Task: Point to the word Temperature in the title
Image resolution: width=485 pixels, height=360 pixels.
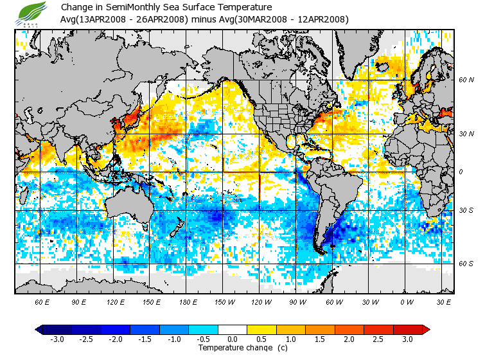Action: click(x=238, y=8)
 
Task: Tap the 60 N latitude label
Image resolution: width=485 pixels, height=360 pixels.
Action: click(x=466, y=80)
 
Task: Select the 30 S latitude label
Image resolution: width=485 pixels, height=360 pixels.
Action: click(x=466, y=211)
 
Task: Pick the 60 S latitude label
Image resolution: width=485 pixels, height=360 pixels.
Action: click(x=466, y=264)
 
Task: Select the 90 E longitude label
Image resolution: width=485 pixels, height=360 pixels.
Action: click(x=79, y=301)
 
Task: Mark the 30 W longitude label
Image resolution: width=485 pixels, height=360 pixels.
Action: click(x=371, y=301)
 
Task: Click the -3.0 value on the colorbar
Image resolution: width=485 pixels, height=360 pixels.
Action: click(x=57, y=339)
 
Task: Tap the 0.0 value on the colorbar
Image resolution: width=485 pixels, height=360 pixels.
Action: click(x=232, y=339)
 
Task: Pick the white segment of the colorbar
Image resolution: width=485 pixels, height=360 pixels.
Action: click(x=232, y=329)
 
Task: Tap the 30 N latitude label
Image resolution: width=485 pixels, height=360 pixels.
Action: click(x=466, y=133)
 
